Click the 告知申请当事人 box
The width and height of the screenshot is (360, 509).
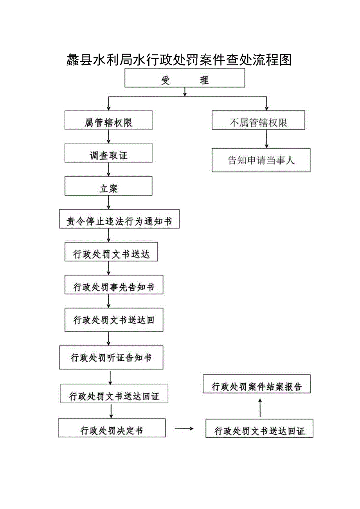pyautogui.click(x=261, y=160)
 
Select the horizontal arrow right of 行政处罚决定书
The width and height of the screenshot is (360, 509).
pyautogui.click(x=184, y=428)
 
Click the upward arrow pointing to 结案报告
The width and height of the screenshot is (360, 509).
pyautogui.click(x=260, y=407)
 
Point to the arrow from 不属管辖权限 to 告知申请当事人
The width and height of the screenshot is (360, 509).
pyautogui.click(x=266, y=139)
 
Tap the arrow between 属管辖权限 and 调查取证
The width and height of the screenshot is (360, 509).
pyautogui.click(x=108, y=137)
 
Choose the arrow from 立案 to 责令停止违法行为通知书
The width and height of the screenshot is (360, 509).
pyautogui.click(x=108, y=202)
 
